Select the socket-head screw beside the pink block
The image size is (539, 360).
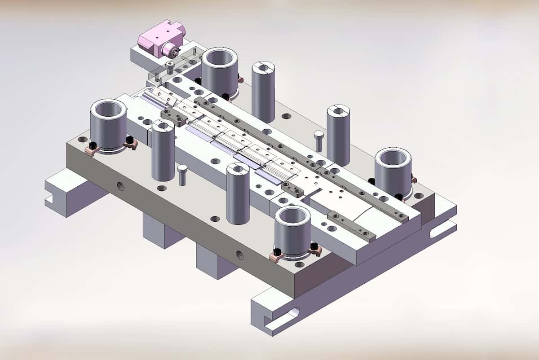coord(170,68)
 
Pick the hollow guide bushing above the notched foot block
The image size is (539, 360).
coord(108,123)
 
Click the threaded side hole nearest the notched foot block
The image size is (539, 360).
coord(121,185)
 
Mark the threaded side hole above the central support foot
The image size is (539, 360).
coord(239,255)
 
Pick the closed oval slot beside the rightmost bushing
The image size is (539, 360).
coord(442,230)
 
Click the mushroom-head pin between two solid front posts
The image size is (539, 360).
coord(182,174)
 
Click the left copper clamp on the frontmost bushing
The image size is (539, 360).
coord(278,257)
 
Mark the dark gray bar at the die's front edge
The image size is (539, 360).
coord(352,226)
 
